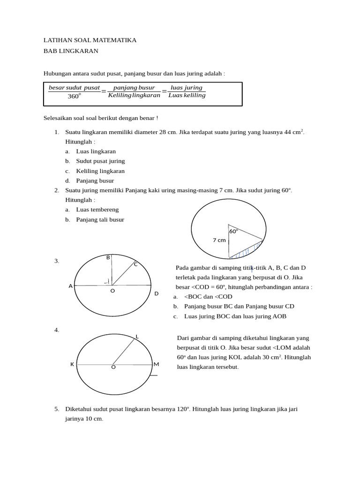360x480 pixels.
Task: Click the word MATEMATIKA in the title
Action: tap(115, 40)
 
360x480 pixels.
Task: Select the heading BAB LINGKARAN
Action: tap(71, 51)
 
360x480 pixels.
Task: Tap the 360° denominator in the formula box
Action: tap(74, 96)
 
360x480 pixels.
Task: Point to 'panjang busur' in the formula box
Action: tap(134, 88)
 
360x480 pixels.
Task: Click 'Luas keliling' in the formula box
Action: tap(187, 96)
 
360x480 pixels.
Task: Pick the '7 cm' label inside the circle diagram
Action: tap(219, 240)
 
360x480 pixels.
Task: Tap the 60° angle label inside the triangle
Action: tap(233, 231)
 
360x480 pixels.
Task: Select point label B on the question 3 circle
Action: tap(108, 257)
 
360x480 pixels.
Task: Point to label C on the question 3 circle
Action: tap(136, 264)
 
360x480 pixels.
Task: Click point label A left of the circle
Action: tap(71, 286)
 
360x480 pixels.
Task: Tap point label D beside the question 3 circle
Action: tap(157, 293)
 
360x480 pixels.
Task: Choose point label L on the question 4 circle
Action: tap(137, 336)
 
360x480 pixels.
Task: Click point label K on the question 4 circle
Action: tap(72, 364)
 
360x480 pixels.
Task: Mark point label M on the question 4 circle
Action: tap(156, 364)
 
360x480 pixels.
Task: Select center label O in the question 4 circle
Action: tap(113, 367)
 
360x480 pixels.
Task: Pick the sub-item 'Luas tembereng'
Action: tap(97, 210)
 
